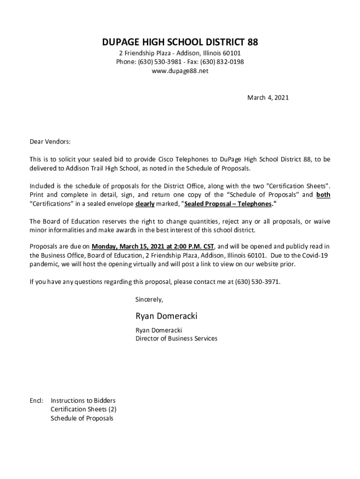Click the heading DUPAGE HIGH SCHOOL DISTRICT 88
click(180, 43)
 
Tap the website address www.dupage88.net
click(180, 71)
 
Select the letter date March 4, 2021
click(267, 98)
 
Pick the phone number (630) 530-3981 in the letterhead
click(158, 62)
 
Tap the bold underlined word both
click(323, 195)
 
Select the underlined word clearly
click(145, 204)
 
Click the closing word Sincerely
click(149, 299)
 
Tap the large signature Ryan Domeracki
click(166, 316)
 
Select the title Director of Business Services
click(176, 338)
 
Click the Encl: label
click(36, 401)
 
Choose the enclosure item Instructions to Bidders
click(83, 401)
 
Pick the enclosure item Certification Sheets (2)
click(84, 409)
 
